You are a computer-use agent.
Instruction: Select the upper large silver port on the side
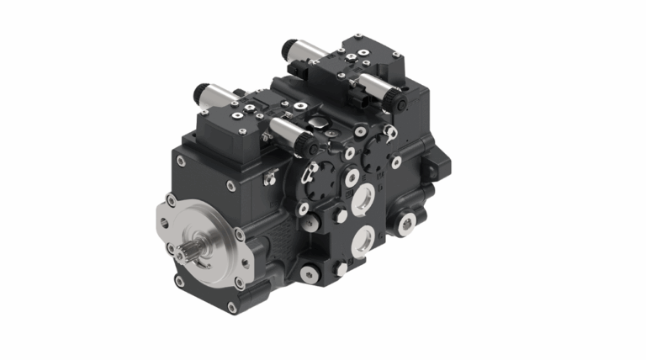coord(364,199)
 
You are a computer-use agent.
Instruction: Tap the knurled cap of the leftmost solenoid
coord(201,90)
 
